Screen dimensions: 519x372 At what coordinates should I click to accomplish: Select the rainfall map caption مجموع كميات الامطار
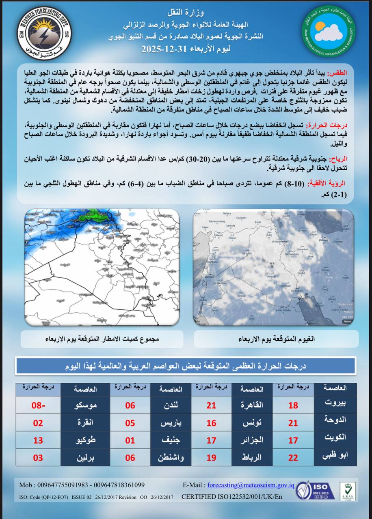pyautogui.click(x=101, y=339)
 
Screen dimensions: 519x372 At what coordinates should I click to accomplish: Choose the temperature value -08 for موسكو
pyautogui.click(x=38, y=405)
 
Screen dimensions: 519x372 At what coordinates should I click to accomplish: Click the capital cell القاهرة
pyautogui.click(x=253, y=405)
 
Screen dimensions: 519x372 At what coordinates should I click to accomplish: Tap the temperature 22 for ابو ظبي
pyautogui.click(x=293, y=458)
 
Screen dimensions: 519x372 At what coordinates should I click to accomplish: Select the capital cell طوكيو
pyautogui.click(x=85, y=440)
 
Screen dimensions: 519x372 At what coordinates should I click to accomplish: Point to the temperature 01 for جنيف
pyautogui.click(x=130, y=440)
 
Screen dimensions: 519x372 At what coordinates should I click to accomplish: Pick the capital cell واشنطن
pyautogui.click(x=170, y=458)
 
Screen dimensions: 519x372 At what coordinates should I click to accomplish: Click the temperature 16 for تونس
pyautogui.click(x=211, y=423)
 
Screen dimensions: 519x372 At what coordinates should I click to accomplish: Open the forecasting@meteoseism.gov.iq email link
pyautogui.click(x=251, y=485)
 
